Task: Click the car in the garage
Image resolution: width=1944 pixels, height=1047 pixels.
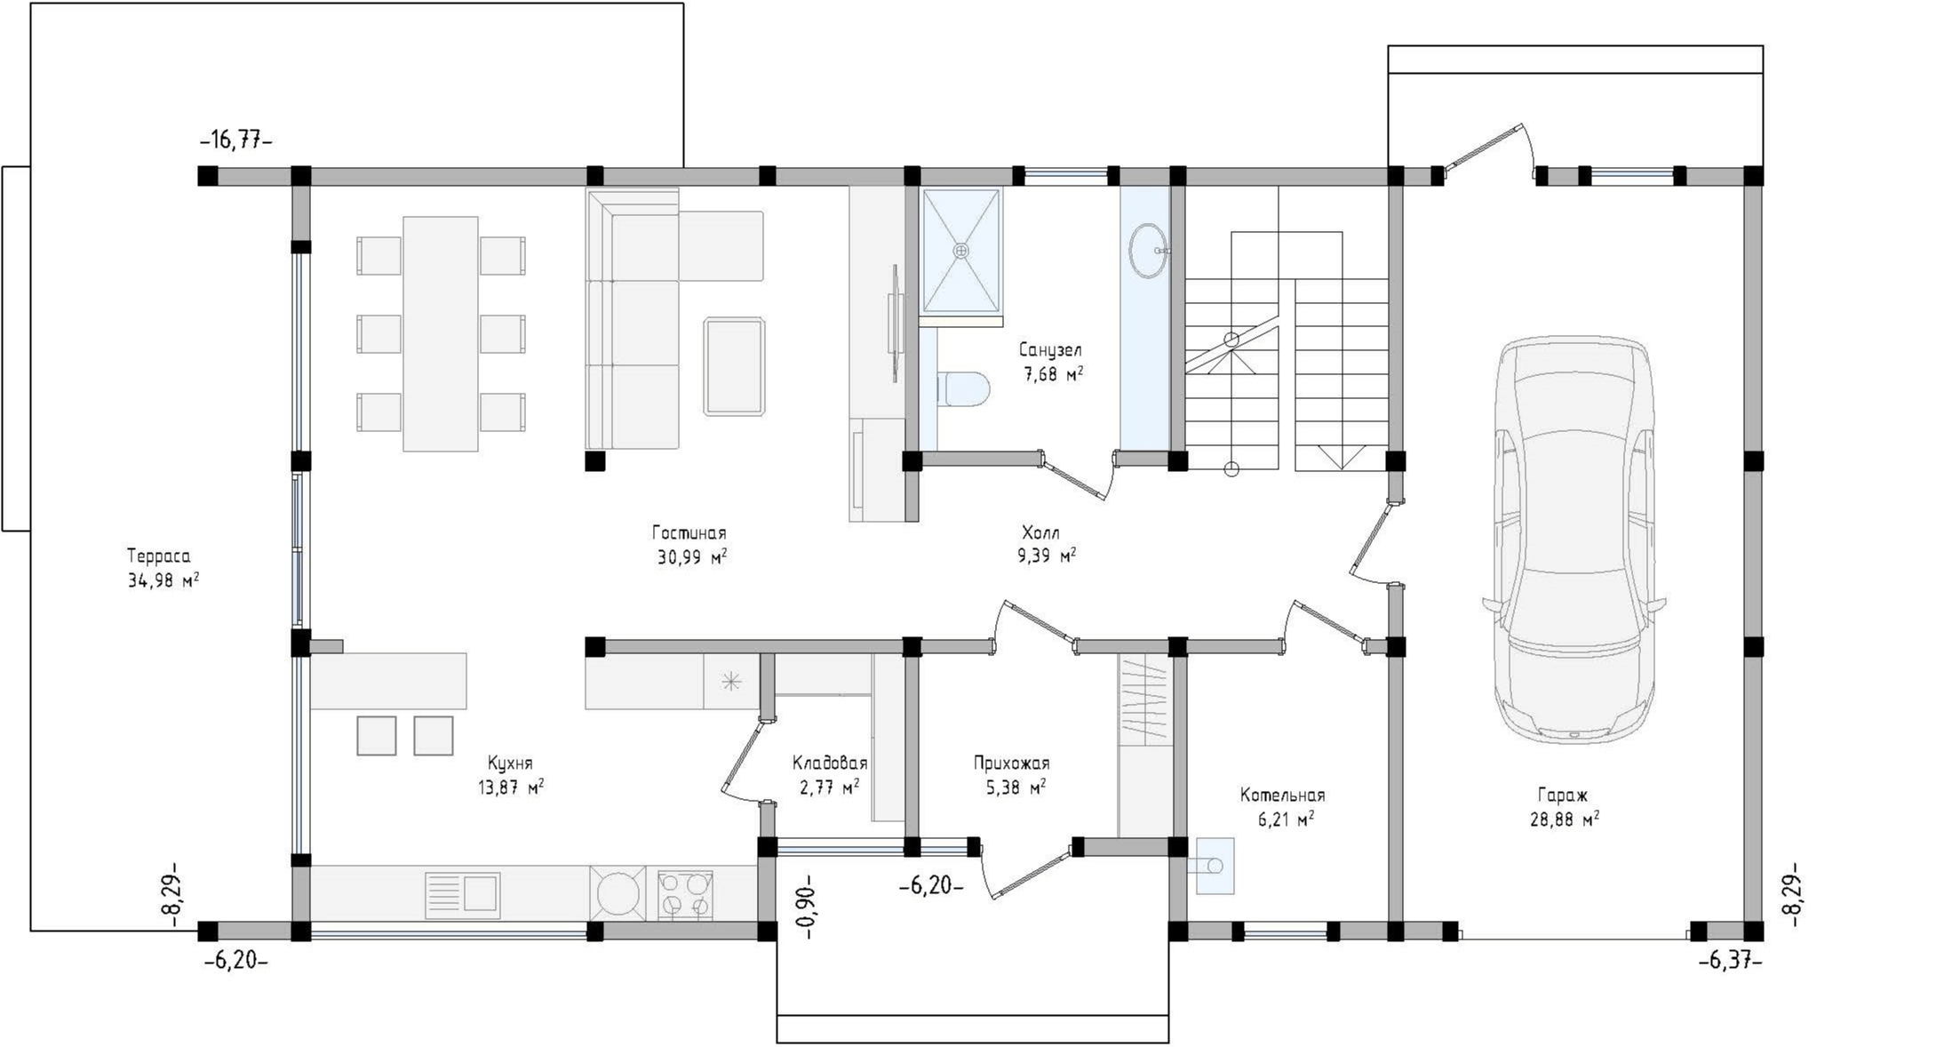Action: (x=1574, y=539)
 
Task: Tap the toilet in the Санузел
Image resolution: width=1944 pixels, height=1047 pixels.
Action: (x=963, y=389)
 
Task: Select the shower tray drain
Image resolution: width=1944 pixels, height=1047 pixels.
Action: (x=960, y=251)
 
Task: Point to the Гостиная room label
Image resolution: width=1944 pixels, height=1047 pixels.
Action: (x=689, y=533)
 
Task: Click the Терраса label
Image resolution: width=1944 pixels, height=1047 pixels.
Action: (x=158, y=557)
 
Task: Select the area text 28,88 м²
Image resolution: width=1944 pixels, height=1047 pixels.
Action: (x=1565, y=819)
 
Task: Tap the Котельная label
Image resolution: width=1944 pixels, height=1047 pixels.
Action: (x=1283, y=795)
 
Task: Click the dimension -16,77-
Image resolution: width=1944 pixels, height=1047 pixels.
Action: (x=235, y=140)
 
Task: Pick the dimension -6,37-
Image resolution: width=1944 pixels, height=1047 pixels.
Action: (x=1731, y=961)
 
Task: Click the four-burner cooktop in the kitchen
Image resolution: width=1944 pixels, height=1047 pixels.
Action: (x=684, y=894)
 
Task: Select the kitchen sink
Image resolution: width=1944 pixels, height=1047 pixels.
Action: (x=463, y=893)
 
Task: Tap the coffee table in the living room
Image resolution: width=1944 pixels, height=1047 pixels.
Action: (x=734, y=366)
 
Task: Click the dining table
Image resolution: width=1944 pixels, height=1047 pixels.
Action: (x=441, y=334)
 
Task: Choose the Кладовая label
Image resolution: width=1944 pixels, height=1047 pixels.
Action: (x=830, y=763)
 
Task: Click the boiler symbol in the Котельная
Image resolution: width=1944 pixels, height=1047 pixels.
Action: (x=1215, y=866)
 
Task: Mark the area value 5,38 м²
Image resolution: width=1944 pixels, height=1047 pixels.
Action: (x=1016, y=787)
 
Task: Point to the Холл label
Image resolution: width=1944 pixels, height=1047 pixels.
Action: (x=1040, y=533)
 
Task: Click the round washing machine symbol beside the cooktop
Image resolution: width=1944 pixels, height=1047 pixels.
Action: (x=618, y=894)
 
